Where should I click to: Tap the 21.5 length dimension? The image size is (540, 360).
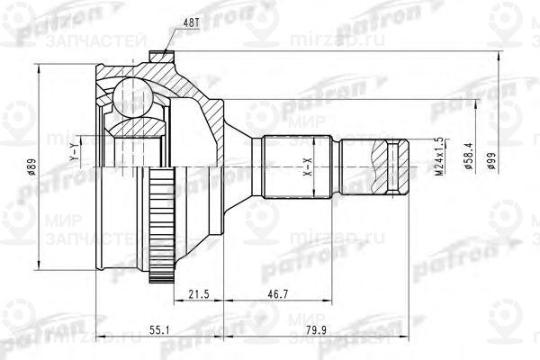tap(200, 294)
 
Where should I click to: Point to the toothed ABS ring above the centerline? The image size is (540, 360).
tap(162, 184)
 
